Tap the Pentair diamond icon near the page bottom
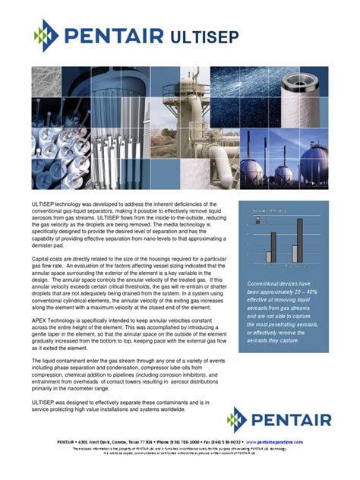237,418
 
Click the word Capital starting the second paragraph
42,260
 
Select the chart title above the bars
269,210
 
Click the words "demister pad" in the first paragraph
48,246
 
